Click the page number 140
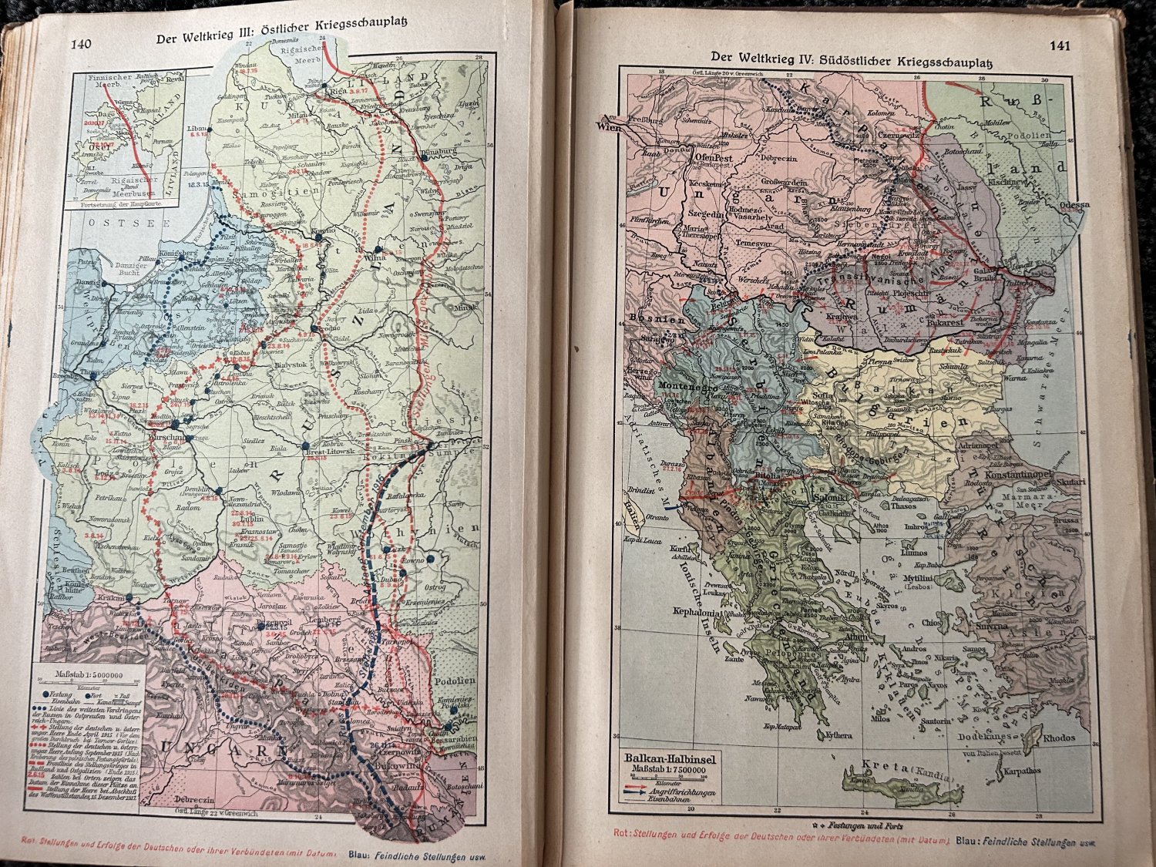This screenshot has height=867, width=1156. tap(81, 43)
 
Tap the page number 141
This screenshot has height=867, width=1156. tap(1060, 45)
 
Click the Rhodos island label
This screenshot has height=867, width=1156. tap(1059, 738)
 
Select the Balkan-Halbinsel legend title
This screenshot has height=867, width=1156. tap(670, 759)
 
